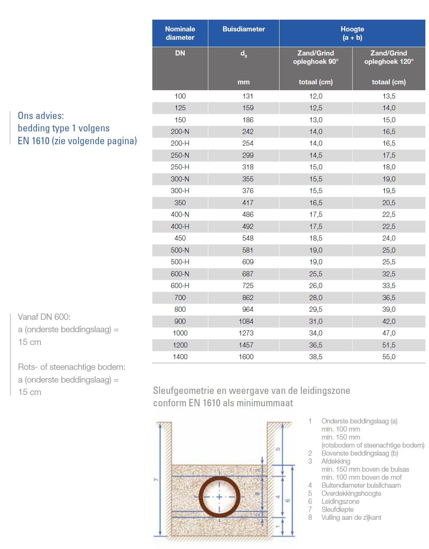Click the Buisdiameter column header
[244, 29]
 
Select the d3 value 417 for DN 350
[248, 203]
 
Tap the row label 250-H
[180, 167]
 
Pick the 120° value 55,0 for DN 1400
[389, 357]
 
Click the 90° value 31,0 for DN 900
[316, 321]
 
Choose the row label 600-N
[180, 274]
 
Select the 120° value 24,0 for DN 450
[389, 238]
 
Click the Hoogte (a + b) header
[352, 33]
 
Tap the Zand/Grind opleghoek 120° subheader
[389, 57]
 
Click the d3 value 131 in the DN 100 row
[248, 96]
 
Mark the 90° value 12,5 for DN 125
[316, 108]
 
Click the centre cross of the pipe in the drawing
[219, 497]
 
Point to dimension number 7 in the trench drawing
[156, 479]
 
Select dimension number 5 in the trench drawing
[278, 449]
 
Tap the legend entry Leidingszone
[340, 501]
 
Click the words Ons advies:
[41, 116]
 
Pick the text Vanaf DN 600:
[44, 317]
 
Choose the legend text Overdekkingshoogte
[351, 493]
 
